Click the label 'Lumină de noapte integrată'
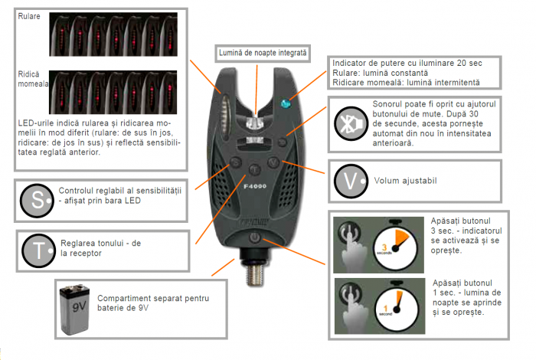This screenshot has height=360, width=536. tap(263, 54)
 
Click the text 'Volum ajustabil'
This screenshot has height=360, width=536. tap(407, 182)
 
